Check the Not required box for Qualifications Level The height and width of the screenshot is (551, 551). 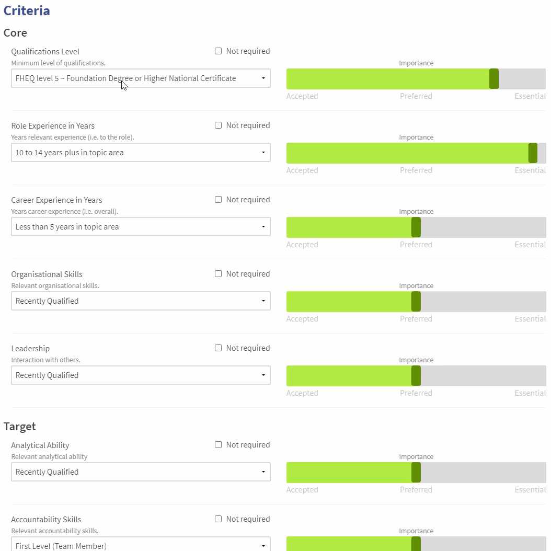pos(219,51)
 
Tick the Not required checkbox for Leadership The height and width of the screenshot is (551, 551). pos(219,348)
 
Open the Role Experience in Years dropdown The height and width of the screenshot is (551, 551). pos(141,153)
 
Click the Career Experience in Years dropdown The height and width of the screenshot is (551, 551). pos(141,227)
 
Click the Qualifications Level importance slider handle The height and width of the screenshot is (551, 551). pos(493,79)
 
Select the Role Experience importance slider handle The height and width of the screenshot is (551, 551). pos(533,153)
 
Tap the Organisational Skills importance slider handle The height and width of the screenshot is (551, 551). pos(416,302)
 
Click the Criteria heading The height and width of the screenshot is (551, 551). pos(27,11)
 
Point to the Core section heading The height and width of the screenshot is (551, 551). pos(15,33)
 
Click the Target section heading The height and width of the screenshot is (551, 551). pos(20,427)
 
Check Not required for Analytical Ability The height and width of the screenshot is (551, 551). pos(219,445)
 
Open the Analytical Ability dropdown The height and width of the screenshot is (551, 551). pos(141,472)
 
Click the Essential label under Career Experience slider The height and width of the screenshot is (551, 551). pos(530,245)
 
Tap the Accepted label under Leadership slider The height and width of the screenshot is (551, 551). pos(302,393)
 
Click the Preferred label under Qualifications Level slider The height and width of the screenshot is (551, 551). pos(416,96)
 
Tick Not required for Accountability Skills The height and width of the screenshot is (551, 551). pos(219,519)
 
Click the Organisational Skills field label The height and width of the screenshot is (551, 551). pos(47,274)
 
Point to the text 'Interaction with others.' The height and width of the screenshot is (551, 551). pos(45,360)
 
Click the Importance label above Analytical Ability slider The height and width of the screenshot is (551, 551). pos(416,457)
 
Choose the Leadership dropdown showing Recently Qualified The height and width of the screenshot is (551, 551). pos(141,375)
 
